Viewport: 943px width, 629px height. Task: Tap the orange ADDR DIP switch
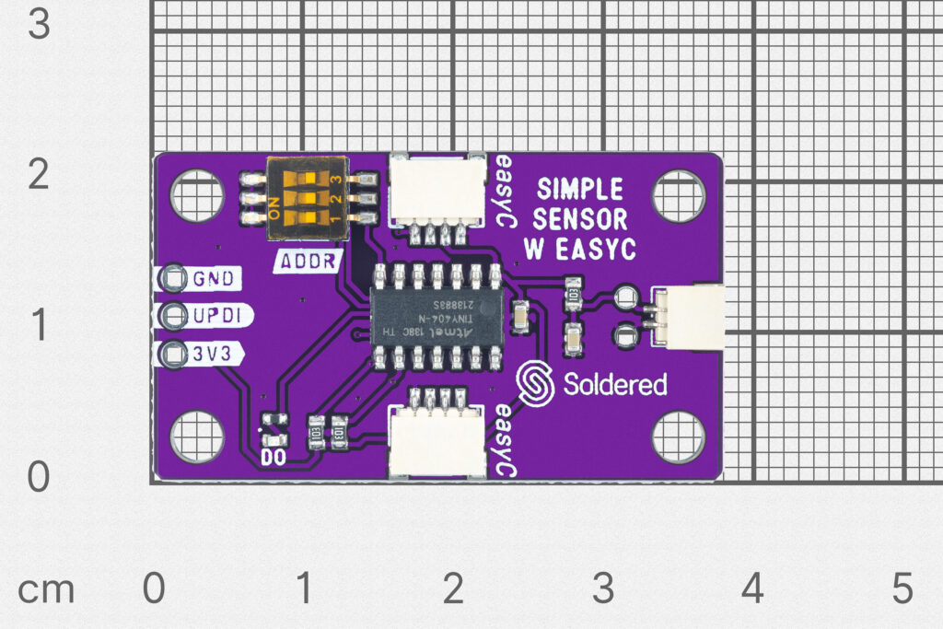coord(303,198)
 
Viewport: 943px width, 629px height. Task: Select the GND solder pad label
coord(213,277)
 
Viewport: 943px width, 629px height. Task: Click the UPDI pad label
coord(217,316)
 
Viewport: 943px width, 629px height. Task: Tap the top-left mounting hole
coord(196,196)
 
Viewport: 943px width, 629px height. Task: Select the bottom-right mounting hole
coord(679,436)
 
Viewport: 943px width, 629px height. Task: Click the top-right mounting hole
coord(679,196)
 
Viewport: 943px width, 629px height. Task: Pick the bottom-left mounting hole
coord(196,436)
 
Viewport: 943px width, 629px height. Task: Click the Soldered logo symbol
coord(535,383)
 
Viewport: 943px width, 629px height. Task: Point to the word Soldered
coord(614,384)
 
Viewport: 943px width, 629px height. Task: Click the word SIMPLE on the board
coord(580,191)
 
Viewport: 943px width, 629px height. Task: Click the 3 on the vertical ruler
coord(39,25)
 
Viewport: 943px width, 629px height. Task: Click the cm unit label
coord(45,590)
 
